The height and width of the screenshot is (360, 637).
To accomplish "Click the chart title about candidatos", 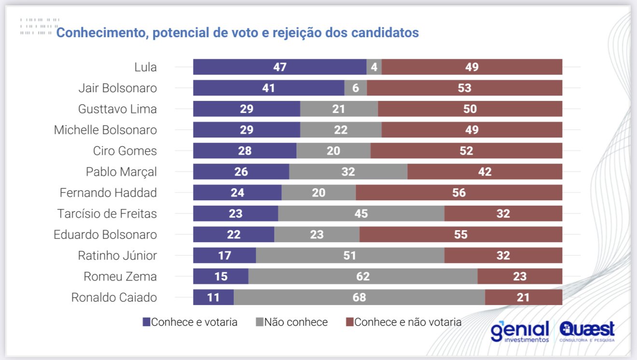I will [x=237, y=33].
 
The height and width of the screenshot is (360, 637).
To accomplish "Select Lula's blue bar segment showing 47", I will [x=279, y=67].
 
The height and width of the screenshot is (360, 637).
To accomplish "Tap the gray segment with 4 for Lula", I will [x=374, y=67].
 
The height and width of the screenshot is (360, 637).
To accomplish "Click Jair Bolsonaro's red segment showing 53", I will [x=464, y=88].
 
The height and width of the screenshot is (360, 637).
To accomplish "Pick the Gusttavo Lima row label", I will [x=117, y=109].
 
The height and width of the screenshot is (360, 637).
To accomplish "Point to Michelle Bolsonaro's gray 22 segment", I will [x=341, y=130].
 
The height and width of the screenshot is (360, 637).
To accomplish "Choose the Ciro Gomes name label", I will [x=125, y=151].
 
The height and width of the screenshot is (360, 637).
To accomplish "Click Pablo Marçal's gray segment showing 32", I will [x=348, y=171].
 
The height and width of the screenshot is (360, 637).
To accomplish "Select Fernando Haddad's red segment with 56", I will [x=459, y=193].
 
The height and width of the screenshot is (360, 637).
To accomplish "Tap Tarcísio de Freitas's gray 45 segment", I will [x=361, y=213].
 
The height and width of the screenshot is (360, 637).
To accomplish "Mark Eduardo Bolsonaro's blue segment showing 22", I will [x=234, y=235].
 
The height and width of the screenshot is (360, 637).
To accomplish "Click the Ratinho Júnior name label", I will [x=117, y=255].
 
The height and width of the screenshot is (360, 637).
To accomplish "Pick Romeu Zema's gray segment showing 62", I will [x=362, y=277].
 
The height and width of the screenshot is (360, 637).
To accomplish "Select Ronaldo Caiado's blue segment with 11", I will [x=213, y=297].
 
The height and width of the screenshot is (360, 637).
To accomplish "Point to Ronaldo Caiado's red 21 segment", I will [x=523, y=297].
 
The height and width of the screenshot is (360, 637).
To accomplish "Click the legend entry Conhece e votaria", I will [x=190, y=322].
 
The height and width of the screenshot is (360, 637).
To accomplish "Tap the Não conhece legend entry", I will [x=292, y=322].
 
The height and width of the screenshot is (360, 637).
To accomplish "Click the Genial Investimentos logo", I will [x=520, y=331].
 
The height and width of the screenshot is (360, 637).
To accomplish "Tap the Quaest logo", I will [x=587, y=331].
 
